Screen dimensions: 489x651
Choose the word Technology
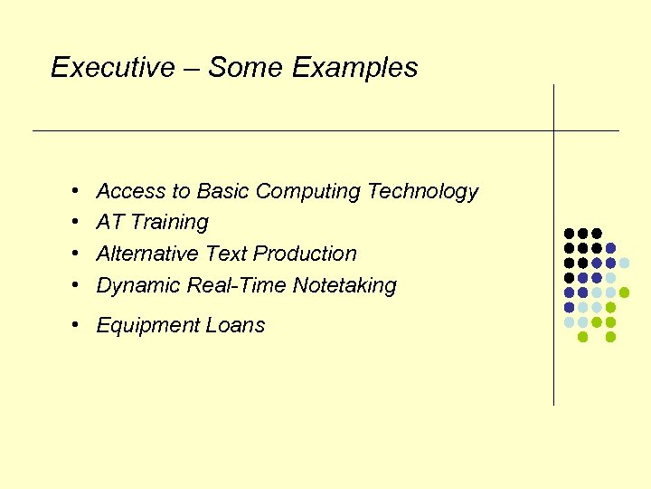(422, 192)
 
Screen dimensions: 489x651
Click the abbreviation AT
(109, 223)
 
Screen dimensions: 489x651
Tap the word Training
(169, 223)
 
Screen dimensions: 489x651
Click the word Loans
(237, 326)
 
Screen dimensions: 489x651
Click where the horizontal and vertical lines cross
(553, 131)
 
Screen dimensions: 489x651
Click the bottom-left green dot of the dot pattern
(583, 337)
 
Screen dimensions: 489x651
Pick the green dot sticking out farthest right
(624, 292)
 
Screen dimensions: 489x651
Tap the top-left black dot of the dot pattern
(569, 233)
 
